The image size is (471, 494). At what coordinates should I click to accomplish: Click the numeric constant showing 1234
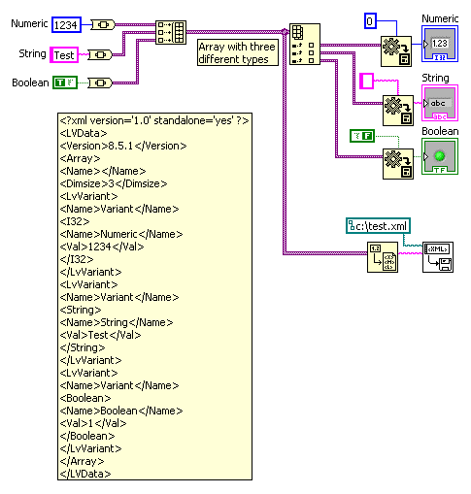coord(66,25)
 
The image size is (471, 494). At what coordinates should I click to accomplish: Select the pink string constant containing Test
coord(64,54)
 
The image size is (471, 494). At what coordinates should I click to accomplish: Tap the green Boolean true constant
coord(65,82)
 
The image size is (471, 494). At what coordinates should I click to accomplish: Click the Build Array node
coord(171,32)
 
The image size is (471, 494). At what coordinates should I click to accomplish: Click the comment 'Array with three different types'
coord(238,52)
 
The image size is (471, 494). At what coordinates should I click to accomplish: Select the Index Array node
coord(305,44)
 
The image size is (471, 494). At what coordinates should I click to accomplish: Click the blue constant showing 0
coord(370,21)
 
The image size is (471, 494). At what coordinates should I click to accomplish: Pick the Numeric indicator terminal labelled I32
coord(440,44)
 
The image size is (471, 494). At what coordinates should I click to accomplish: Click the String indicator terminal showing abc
coord(440,103)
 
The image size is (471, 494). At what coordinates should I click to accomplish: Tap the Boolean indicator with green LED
coord(440,156)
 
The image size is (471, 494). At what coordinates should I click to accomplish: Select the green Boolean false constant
coord(362,136)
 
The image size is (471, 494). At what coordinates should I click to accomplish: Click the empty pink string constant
coord(367,81)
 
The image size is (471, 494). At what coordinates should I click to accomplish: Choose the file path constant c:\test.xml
coord(378,226)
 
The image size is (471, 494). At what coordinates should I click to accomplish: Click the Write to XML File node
coord(438,257)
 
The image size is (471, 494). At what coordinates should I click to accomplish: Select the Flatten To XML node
coord(383,257)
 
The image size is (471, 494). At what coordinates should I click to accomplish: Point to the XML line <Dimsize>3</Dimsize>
coord(114,183)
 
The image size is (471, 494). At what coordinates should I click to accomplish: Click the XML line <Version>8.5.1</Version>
coord(123,146)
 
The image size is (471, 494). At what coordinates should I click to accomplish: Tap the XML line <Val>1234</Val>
coord(102,247)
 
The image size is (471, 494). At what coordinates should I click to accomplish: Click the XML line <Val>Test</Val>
coord(101,335)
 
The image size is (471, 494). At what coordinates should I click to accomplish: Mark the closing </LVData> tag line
coord(85,474)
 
